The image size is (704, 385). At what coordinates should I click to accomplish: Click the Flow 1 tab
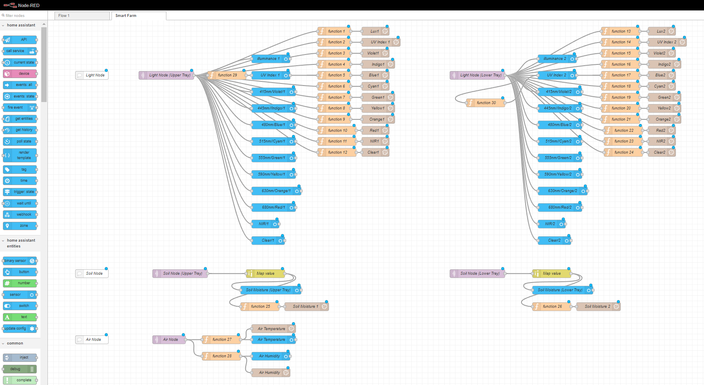click(x=82, y=16)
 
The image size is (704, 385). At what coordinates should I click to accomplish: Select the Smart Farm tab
click(x=138, y=16)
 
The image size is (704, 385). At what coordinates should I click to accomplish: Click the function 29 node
click(x=227, y=75)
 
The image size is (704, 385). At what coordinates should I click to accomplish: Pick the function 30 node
click(x=486, y=103)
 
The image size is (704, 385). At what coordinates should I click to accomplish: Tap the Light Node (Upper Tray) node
click(x=167, y=75)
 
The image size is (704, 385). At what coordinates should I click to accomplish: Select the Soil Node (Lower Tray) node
click(x=477, y=273)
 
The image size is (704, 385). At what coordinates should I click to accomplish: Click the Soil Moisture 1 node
click(x=306, y=307)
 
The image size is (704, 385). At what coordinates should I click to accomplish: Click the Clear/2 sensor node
click(x=554, y=240)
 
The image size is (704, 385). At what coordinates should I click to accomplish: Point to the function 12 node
click(x=337, y=152)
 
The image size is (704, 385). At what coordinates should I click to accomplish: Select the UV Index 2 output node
click(x=666, y=42)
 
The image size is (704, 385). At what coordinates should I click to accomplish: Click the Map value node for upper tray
click(x=265, y=273)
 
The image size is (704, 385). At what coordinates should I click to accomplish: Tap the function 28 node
click(x=221, y=356)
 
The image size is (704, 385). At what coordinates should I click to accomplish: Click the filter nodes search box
click(x=24, y=16)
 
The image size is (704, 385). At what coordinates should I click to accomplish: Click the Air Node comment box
click(x=92, y=340)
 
